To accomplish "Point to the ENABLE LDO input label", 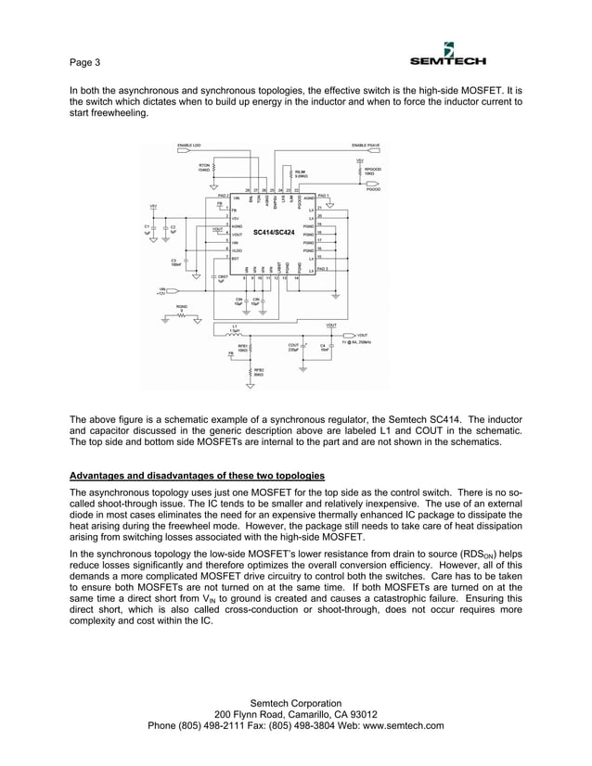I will coord(189,146).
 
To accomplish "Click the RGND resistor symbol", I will coord(183,315).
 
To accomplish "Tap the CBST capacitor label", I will coord(221,277).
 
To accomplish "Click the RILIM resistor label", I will coord(301,172).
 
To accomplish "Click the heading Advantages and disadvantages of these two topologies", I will coord(198,475).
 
